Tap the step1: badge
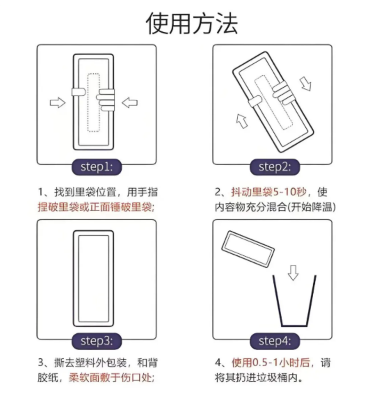point(97,167)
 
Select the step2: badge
point(274,167)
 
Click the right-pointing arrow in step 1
point(57,102)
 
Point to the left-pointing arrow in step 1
point(130,102)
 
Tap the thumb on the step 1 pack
point(80,92)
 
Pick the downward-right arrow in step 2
point(306,84)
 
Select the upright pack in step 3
point(94,279)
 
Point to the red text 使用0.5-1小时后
point(271,363)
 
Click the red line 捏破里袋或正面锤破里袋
point(95,207)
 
